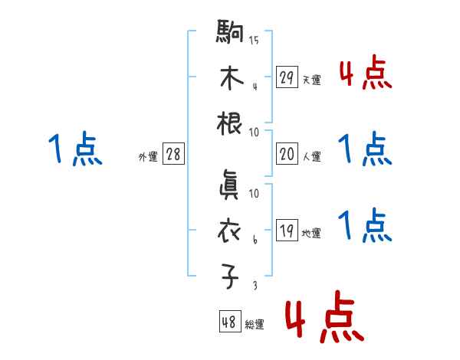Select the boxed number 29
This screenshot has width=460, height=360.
click(x=287, y=77)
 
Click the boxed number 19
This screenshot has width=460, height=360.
click(x=287, y=231)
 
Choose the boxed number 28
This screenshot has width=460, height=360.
click(x=174, y=155)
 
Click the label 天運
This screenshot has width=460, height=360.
click(x=311, y=80)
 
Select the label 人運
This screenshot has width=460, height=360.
click(x=311, y=157)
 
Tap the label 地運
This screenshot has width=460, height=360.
click(x=311, y=233)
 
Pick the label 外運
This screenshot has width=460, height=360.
click(x=148, y=156)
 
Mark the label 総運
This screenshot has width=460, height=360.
click(x=255, y=325)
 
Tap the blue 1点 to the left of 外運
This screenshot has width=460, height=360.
click(x=74, y=149)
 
